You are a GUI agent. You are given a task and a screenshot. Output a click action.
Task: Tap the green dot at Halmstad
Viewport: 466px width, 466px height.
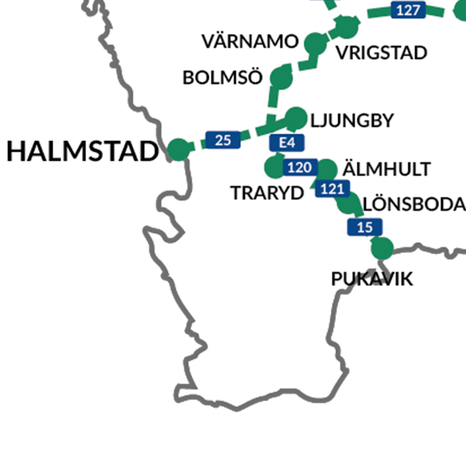[x=178, y=150]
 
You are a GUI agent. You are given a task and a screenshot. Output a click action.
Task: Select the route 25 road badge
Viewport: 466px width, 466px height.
[x=223, y=140]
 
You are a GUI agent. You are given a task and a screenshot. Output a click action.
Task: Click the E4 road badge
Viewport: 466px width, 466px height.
[x=287, y=143]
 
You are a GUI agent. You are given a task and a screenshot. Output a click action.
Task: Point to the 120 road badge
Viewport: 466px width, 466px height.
[x=300, y=167]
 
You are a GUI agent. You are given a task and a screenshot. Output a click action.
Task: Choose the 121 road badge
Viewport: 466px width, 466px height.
[x=332, y=189]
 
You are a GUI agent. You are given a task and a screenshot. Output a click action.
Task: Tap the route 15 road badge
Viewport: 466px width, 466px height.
[x=365, y=227]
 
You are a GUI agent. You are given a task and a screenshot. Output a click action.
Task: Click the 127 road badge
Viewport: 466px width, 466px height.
[x=408, y=10]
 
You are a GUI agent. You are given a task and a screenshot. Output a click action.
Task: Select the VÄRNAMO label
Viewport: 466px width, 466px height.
[x=250, y=42]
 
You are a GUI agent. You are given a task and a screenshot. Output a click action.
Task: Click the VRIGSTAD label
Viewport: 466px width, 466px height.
[x=381, y=53]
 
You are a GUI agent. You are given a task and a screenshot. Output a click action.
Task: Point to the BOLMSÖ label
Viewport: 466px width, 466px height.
[x=223, y=78]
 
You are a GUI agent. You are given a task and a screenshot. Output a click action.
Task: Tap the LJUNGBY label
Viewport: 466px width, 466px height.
[x=352, y=121]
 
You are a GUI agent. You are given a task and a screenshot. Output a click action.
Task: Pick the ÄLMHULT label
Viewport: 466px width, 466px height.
[x=387, y=169]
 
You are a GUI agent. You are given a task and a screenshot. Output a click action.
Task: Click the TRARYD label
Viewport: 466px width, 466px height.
[x=268, y=193]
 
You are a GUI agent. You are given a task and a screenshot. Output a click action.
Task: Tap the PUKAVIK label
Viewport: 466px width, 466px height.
[x=372, y=280]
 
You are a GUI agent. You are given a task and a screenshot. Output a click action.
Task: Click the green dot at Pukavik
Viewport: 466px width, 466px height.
[x=382, y=248]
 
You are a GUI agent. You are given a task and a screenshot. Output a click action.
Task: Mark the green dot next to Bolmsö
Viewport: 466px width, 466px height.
[x=281, y=78]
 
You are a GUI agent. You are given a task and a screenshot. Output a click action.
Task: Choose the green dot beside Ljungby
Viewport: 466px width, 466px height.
[x=296, y=118]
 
